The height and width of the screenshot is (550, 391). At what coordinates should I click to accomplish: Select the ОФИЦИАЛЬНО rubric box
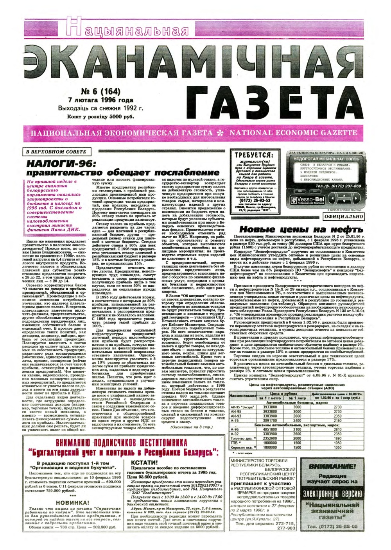point(344,216)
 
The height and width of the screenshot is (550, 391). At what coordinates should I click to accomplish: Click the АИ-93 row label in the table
point(237,416)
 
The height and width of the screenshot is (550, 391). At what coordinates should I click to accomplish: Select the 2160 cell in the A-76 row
point(337,420)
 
